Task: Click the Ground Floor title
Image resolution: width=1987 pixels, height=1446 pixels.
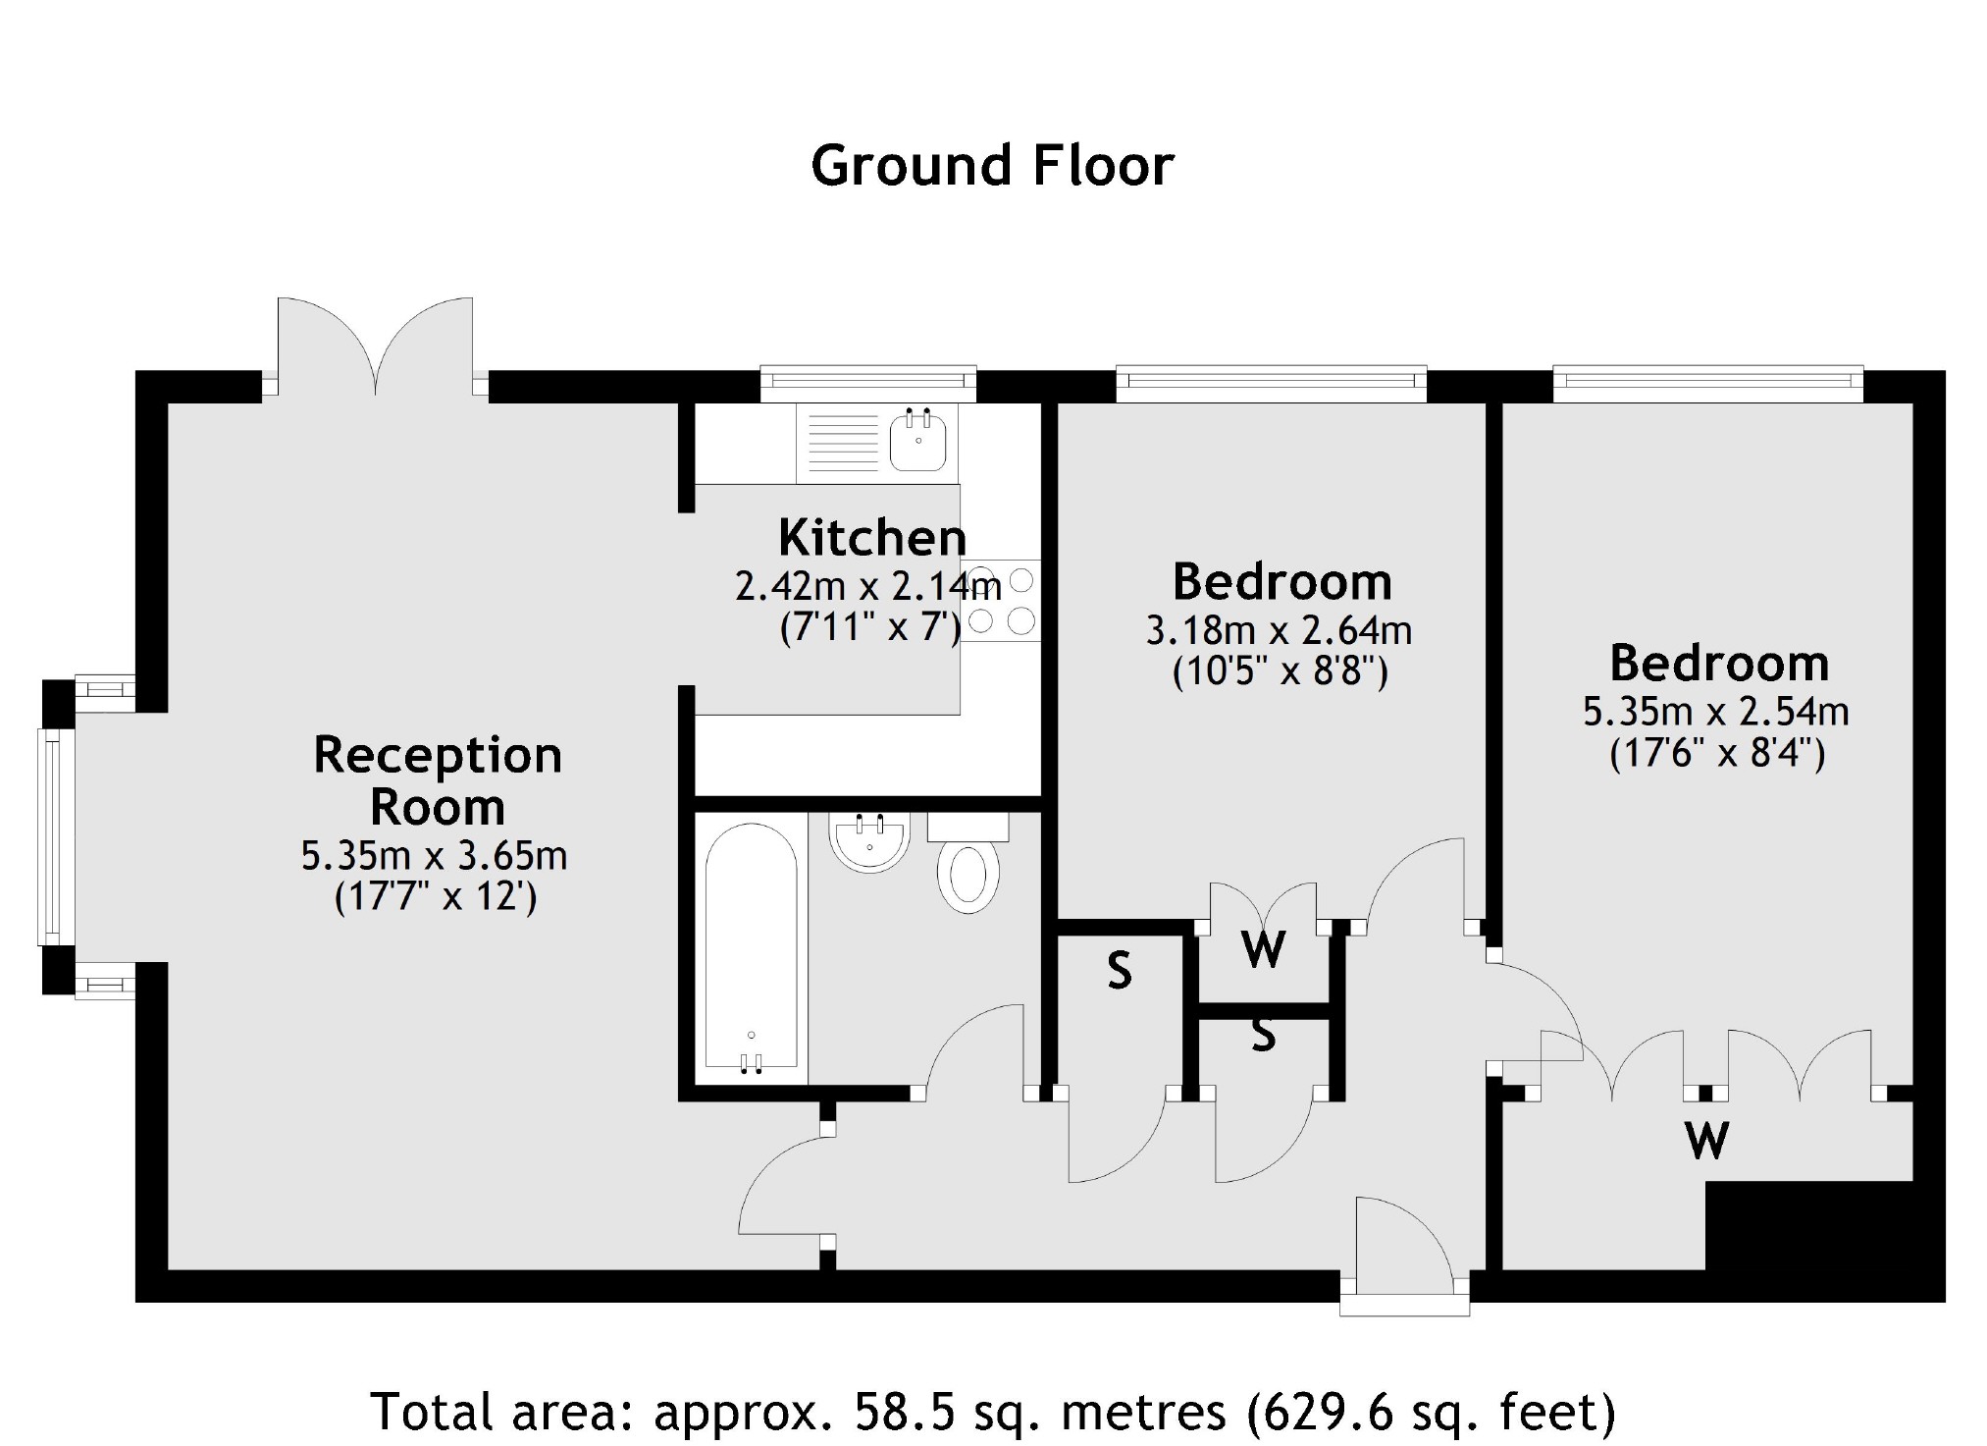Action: tap(992, 165)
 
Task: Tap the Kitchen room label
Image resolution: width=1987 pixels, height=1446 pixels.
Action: tap(872, 537)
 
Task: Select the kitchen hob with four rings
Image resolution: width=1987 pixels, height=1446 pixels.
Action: tap(1000, 600)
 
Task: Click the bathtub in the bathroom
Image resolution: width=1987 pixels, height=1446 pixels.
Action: tap(751, 948)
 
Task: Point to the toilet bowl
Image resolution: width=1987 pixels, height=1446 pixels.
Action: tap(968, 877)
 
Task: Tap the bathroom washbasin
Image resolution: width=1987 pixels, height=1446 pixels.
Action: tap(869, 842)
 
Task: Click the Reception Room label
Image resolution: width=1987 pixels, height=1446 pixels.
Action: tap(438, 780)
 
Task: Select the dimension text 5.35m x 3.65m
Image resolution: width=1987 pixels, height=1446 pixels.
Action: tap(434, 856)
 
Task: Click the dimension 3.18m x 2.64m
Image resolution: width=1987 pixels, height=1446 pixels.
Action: tap(1280, 630)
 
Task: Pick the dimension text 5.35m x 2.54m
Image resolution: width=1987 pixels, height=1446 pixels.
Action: tap(1716, 712)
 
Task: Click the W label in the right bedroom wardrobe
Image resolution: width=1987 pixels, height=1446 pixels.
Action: tap(1707, 1141)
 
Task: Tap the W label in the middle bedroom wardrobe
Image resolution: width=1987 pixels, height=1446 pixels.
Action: tap(1263, 949)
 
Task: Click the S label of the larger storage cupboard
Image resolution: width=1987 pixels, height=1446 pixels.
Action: tap(1120, 971)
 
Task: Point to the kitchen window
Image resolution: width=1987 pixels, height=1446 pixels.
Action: tap(868, 384)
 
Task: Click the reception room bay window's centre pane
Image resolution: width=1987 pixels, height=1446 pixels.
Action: tap(57, 837)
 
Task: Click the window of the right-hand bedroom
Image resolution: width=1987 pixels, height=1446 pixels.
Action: tap(1707, 384)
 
